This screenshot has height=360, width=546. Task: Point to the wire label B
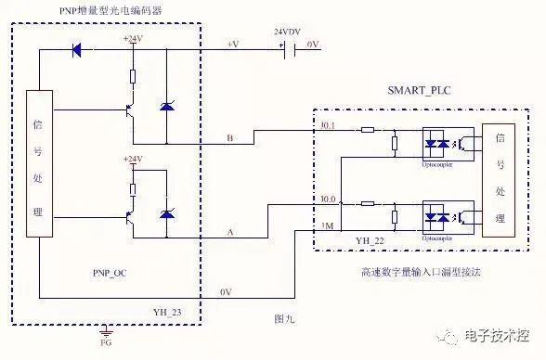(229, 139)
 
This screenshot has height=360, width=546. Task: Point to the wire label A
(229, 233)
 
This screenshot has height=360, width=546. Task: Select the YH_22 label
(369, 240)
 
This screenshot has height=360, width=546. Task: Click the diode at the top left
(76, 48)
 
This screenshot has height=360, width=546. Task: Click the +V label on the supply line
(233, 43)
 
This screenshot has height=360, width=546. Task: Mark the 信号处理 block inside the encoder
(37, 165)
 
